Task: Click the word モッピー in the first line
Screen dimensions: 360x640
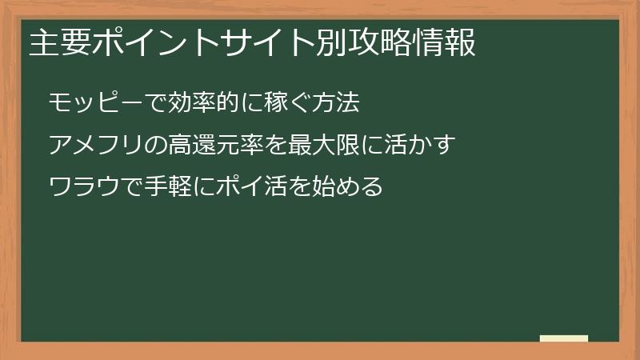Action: (89, 102)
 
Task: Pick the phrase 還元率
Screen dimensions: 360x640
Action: (225, 145)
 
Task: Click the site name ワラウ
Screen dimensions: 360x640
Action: (85, 187)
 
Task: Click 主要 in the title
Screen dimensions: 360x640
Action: (59, 43)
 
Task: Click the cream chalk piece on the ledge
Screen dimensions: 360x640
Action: (564, 338)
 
